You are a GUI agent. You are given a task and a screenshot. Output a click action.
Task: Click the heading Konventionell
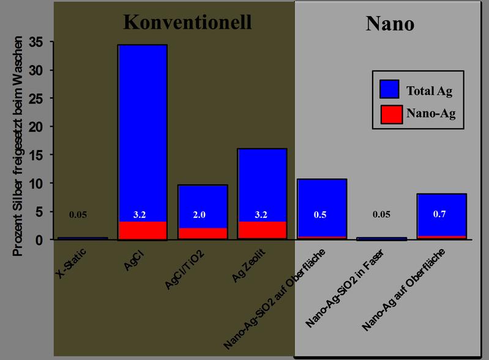coord(187,22)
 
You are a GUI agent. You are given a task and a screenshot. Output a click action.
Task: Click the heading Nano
coord(390,23)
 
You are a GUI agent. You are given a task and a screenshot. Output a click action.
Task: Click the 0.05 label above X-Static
coord(78,214)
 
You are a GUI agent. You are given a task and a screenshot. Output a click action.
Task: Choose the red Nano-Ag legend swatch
coord(389,114)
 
